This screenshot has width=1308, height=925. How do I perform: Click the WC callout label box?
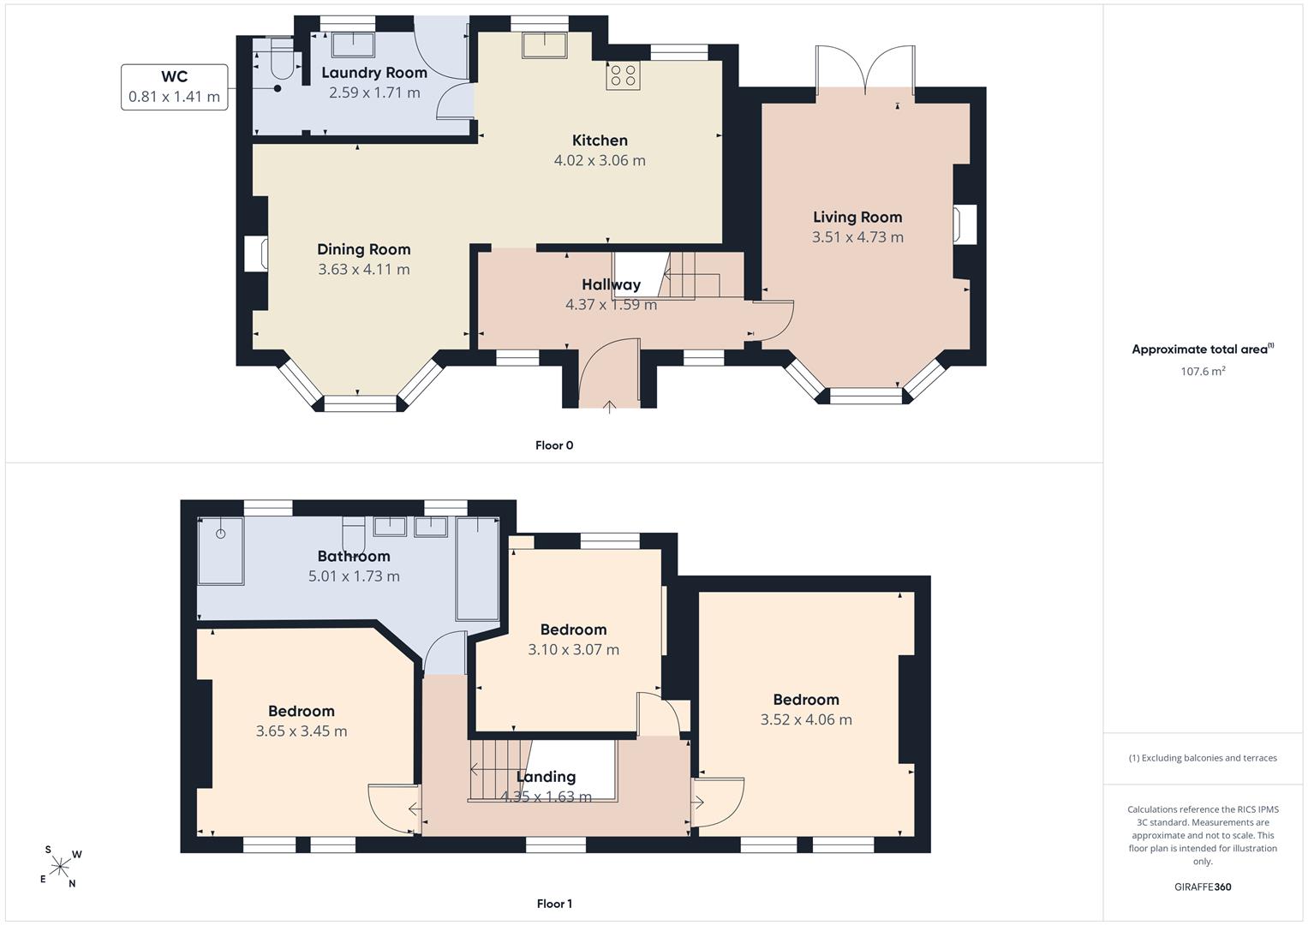click(174, 87)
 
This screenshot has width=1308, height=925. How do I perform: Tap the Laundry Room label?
click(374, 73)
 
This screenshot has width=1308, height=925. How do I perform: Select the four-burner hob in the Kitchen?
click(623, 76)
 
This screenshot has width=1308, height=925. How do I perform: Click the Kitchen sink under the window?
click(545, 45)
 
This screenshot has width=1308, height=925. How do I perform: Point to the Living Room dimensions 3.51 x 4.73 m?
click(857, 237)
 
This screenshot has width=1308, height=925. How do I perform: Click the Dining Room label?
click(364, 249)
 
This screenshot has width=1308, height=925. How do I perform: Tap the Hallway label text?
click(612, 284)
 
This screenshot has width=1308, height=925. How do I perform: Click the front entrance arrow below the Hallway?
click(609, 407)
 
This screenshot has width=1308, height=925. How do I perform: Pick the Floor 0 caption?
click(554, 445)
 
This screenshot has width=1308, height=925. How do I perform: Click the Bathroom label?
click(354, 556)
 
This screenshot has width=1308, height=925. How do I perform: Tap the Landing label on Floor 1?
click(546, 777)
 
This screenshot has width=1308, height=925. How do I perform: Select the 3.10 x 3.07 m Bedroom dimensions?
click(573, 649)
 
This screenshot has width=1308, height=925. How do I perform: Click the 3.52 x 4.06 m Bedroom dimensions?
click(806, 719)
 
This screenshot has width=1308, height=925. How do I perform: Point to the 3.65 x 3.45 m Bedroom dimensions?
click(302, 731)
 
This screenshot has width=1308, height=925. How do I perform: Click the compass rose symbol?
click(60, 867)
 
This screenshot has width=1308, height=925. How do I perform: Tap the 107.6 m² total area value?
click(1203, 371)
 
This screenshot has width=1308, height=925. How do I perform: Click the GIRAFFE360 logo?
click(1203, 886)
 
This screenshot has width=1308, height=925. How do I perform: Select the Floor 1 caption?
click(554, 904)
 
